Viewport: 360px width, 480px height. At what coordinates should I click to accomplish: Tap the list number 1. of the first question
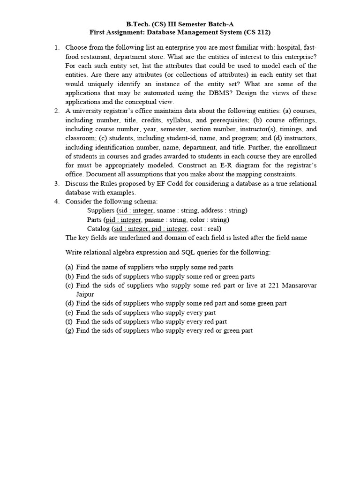click(57, 47)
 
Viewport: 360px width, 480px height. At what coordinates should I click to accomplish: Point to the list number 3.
click(57, 183)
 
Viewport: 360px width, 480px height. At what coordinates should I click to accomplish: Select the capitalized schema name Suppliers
click(101, 210)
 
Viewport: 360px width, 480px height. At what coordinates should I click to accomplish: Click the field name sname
click(165, 210)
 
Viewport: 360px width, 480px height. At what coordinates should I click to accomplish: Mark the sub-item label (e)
click(69, 312)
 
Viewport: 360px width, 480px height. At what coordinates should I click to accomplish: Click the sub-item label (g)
click(69, 330)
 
